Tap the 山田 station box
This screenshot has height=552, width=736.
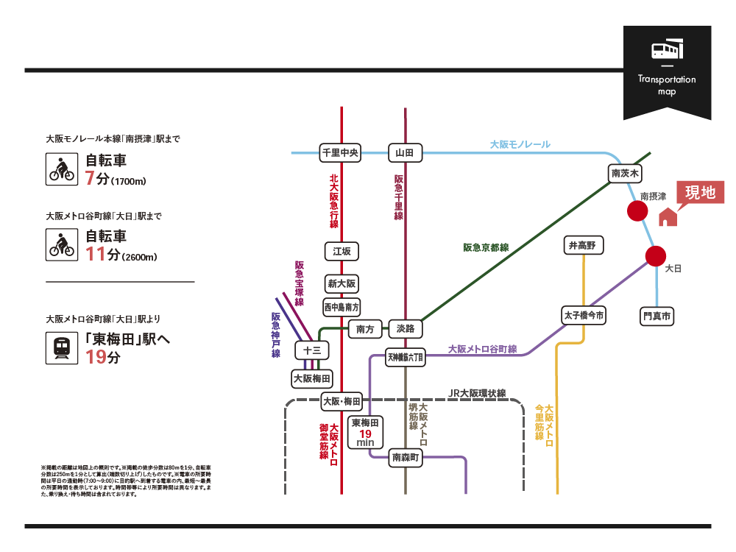[x=405, y=153]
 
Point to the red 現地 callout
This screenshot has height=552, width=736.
[x=700, y=193]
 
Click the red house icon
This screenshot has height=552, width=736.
[x=667, y=217]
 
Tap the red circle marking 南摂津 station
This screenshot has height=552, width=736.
[x=637, y=211]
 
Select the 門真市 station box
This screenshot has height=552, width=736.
[x=657, y=316]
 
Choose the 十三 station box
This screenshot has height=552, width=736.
[x=312, y=350]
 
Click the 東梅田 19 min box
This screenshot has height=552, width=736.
[x=365, y=432]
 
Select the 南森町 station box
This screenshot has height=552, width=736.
[x=406, y=458]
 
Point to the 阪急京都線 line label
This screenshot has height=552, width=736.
[x=486, y=247]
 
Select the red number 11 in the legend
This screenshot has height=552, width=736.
[x=96, y=255]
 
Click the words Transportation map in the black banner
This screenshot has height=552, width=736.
[x=667, y=85]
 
